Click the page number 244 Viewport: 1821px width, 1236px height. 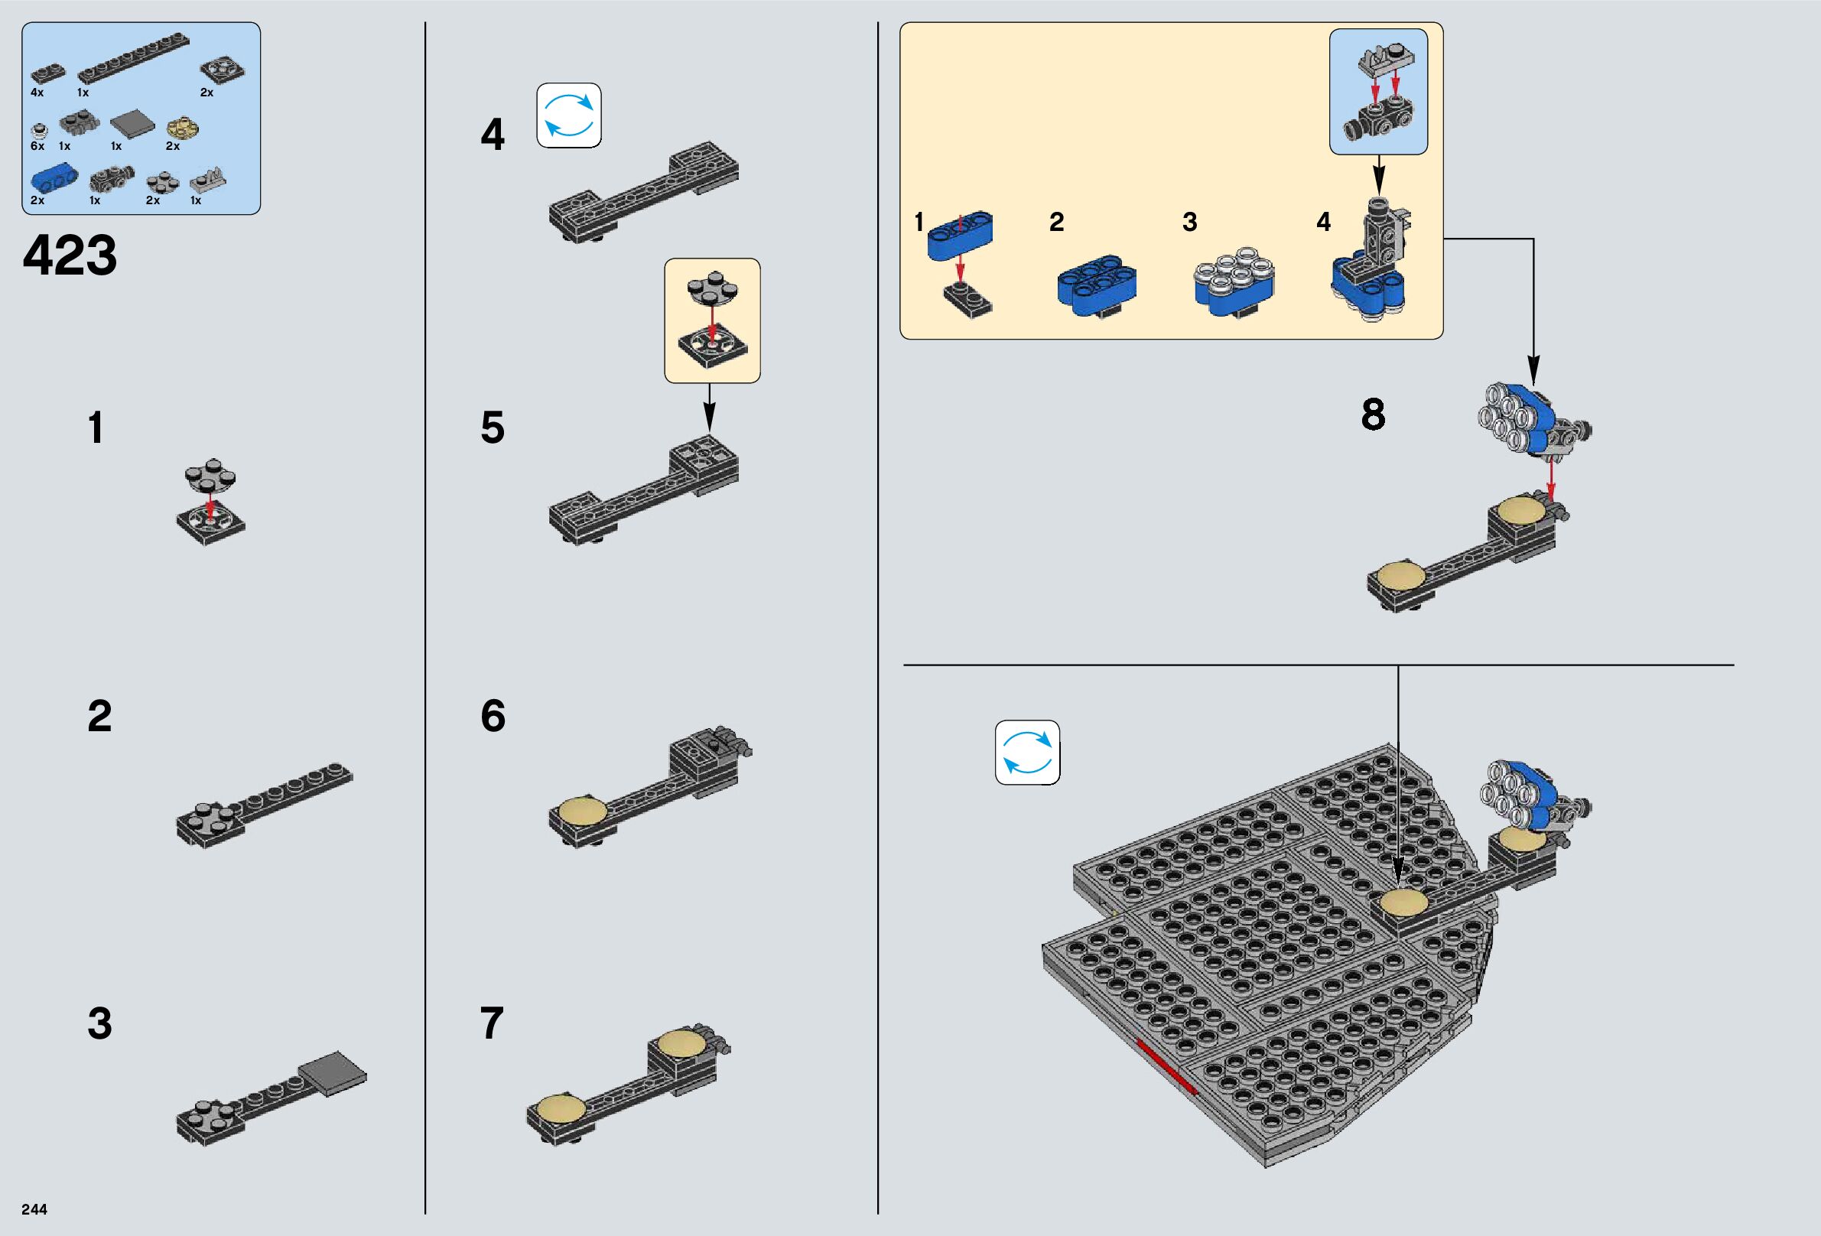pos(34,1209)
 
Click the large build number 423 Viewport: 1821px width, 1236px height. pos(70,255)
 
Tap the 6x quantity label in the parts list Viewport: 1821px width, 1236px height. pos(37,146)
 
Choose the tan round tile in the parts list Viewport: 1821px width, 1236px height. pos(184,128)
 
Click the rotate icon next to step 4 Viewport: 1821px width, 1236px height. pos(569,115)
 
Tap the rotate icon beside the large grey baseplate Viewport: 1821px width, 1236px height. pos(1027,753)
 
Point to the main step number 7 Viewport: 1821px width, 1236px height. pos(491,1023)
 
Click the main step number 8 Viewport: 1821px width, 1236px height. pos(1373,415)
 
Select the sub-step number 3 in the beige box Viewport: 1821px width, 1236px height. pos(1189,223)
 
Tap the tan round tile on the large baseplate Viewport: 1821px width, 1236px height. pos(1404,902)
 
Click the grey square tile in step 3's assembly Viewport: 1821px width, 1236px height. pos(332,1072)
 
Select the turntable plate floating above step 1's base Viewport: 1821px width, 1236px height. pos(210,474)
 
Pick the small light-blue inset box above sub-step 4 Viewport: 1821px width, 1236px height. pos(1378,92)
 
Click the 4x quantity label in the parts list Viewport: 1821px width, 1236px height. pos(37,93)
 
